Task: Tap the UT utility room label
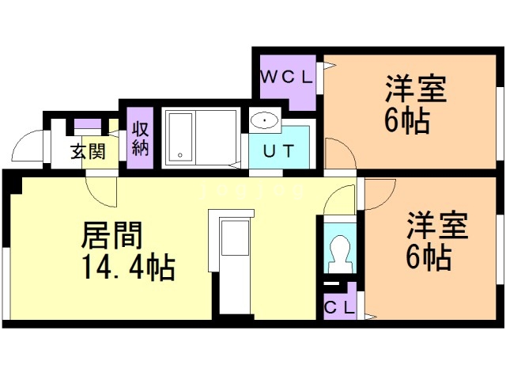pos(275,152)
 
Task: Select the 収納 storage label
pos(141,139)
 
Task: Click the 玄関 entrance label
pos(88,152)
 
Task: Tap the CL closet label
pos(339,304)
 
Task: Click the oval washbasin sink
pos(263,122)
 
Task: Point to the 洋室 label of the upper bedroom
pos(416,89)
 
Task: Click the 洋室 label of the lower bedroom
pos(437,225)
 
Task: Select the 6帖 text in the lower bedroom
pos(431,257)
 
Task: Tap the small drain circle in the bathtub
pos(180,155)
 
